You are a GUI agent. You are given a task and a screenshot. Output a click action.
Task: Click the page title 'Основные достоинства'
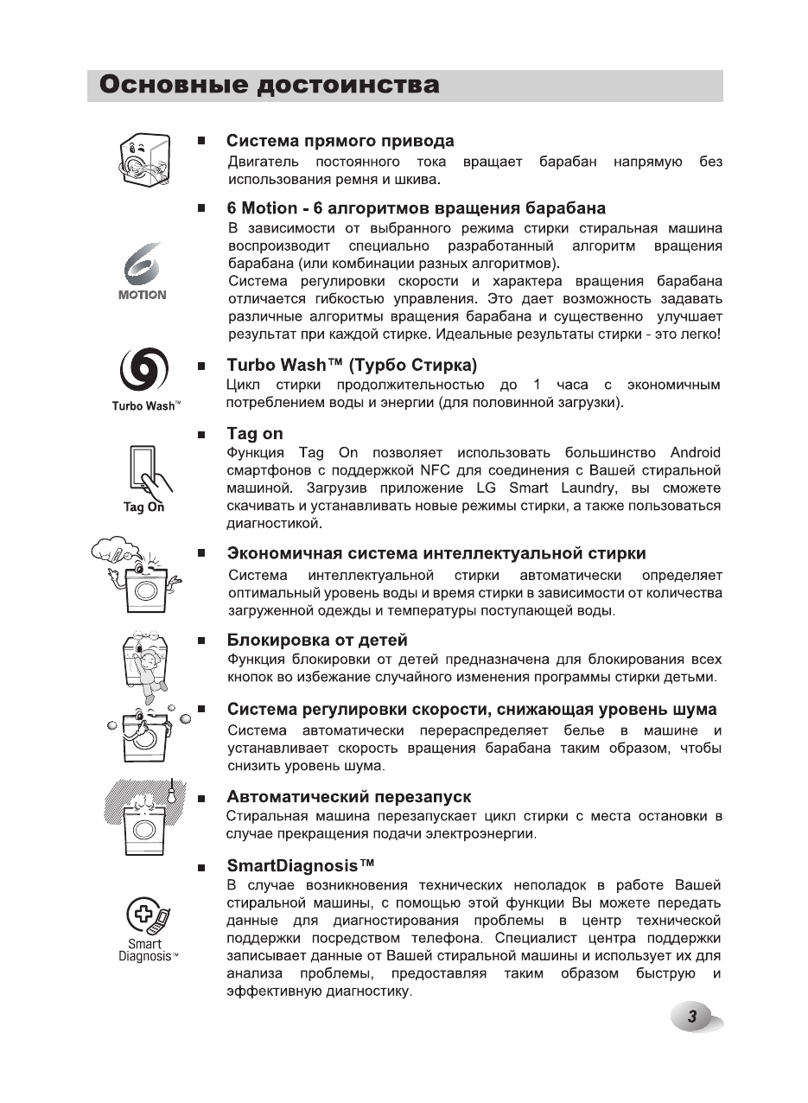[x=269, y=86]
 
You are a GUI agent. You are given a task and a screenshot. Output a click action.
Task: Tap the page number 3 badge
[x=691, y=1017]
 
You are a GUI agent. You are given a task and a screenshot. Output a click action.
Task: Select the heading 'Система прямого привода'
[x=340, y=141]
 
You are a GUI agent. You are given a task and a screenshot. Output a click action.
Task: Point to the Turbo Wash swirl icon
[x=143, y=372]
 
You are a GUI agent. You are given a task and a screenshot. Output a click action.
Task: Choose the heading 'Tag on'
[x=254, y=434]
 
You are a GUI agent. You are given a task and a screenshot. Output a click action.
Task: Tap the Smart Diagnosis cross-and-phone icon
[x=146, y=918]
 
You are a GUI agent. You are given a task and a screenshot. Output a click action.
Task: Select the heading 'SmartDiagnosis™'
[x=301, y=865]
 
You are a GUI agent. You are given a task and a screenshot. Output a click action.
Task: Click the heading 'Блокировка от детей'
[x=316, y=641]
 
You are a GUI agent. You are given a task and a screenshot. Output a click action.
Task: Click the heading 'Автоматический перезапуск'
[x=348, y=796]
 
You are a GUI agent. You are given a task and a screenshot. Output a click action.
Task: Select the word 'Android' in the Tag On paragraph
[x=695, y=453]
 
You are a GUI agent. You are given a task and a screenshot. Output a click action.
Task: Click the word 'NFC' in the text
[x=436, y=471]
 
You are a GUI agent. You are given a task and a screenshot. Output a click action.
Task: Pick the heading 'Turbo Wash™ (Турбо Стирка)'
[x=352, y=366]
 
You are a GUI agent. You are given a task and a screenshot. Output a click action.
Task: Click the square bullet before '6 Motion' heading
[x=200, y=209]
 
